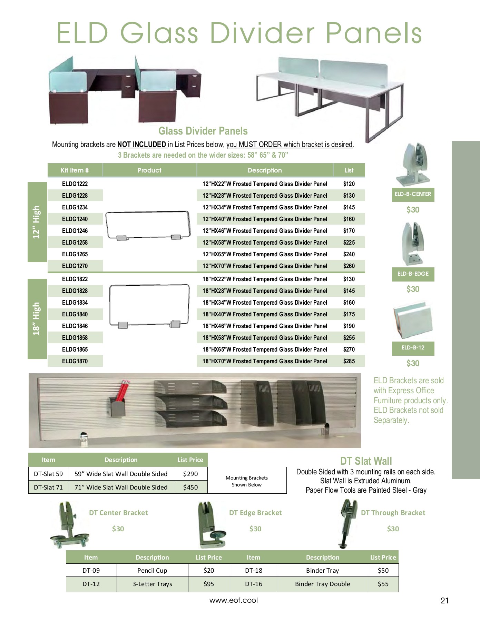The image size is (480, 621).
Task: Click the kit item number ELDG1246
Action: pos(75,231)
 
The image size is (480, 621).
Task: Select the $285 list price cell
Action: pos(349,361)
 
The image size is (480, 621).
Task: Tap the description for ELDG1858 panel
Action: pos(265,338)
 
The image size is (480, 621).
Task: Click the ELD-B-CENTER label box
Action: pos(413,194)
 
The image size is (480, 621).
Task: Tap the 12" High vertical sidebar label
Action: pos(37,222)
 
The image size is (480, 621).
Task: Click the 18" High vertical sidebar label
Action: pos(37,319)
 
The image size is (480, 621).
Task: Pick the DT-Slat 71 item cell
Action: pos(49,487)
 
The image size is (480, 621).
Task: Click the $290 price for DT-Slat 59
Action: pos(190,474)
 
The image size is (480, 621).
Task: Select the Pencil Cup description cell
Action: pos(152,571)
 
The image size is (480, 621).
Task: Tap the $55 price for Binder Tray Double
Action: pos(383,584)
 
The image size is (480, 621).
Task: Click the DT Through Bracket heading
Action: pos(393,513)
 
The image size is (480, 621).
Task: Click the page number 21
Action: pos(444,601)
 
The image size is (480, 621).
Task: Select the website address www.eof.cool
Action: pos(234,600)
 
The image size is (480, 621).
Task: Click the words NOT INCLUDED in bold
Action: pos(142,145)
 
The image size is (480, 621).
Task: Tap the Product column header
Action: pos(149,170)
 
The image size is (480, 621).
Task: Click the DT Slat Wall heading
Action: pos(366,461)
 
